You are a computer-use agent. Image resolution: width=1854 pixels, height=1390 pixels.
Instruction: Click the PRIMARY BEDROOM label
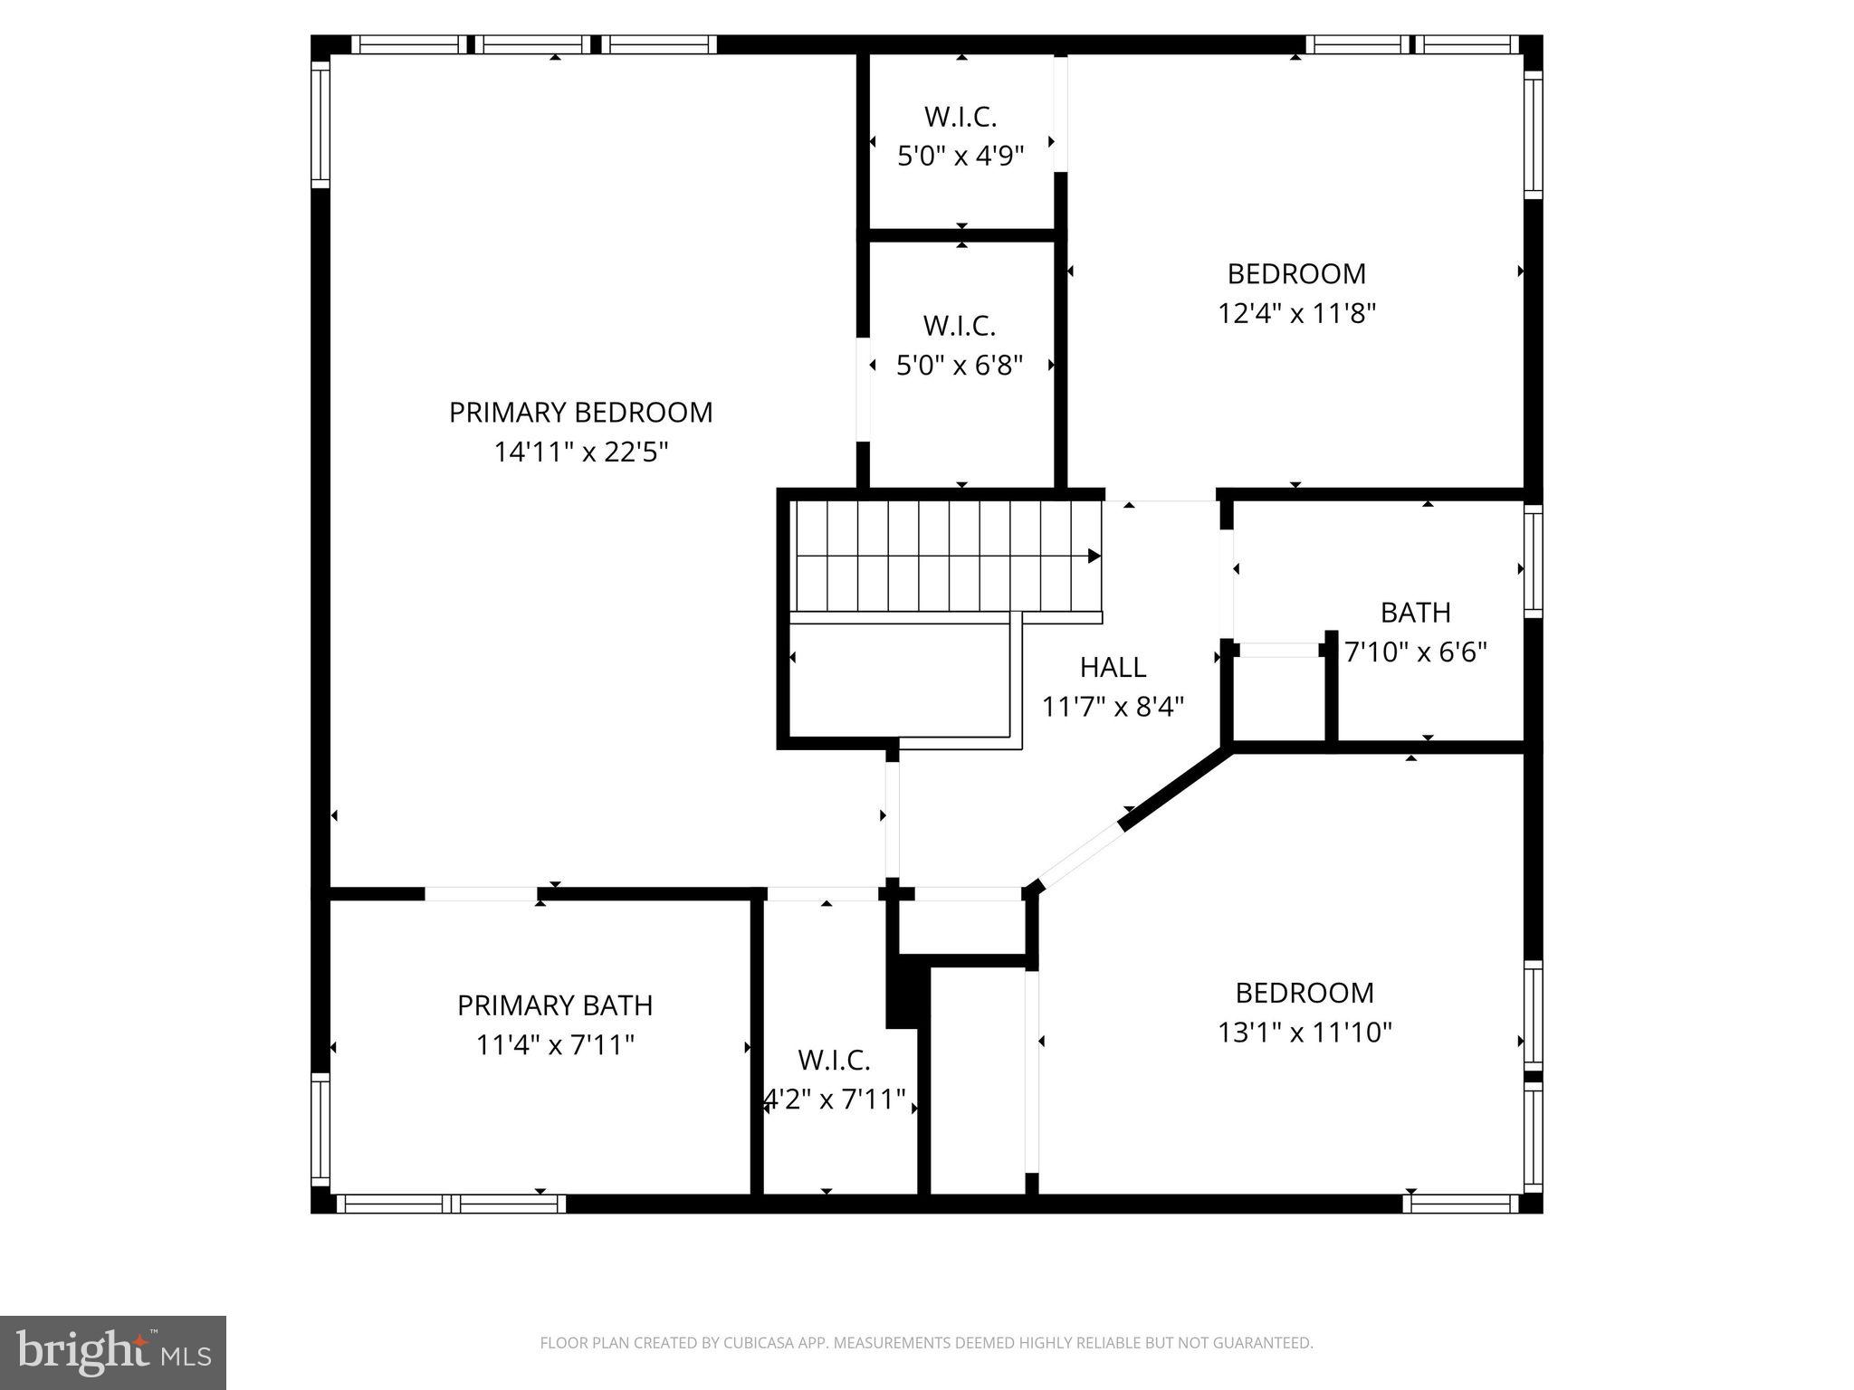coord(580,413)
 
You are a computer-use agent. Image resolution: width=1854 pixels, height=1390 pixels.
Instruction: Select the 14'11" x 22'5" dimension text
coord(580,452)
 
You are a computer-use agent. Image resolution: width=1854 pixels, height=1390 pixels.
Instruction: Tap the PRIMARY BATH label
coord(554,1005)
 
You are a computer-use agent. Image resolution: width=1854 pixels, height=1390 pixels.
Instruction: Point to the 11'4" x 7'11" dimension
coord(554,1045)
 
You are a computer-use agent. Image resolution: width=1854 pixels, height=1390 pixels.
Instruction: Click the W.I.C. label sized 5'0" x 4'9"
coord(960,117)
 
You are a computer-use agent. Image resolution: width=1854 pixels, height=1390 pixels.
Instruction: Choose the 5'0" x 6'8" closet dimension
coord(960,366)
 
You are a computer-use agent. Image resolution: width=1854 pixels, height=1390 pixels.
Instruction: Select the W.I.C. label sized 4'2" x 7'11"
coord(834,1060)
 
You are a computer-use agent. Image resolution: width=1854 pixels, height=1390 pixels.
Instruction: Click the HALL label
coord(1113,667)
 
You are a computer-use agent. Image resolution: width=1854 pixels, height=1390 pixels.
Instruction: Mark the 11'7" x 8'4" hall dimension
coord(1113,707)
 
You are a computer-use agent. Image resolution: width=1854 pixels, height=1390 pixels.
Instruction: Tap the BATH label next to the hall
coord(1415,613)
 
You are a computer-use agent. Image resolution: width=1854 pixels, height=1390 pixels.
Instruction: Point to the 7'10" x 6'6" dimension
coord(1416,652)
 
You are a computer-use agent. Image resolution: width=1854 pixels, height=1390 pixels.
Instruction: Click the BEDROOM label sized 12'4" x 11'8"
coord(1296,273)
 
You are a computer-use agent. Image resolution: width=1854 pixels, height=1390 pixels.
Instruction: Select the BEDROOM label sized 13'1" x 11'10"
coord(1304,993)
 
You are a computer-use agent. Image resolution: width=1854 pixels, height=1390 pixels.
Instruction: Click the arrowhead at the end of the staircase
coord(1094,556)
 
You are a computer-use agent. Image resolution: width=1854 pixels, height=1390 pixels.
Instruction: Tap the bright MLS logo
coord(113,1353)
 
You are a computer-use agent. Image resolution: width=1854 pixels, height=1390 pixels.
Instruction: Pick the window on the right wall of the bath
coord(1533,561)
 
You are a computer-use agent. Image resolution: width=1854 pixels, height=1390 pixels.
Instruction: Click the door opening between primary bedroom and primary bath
coord(481,894)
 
